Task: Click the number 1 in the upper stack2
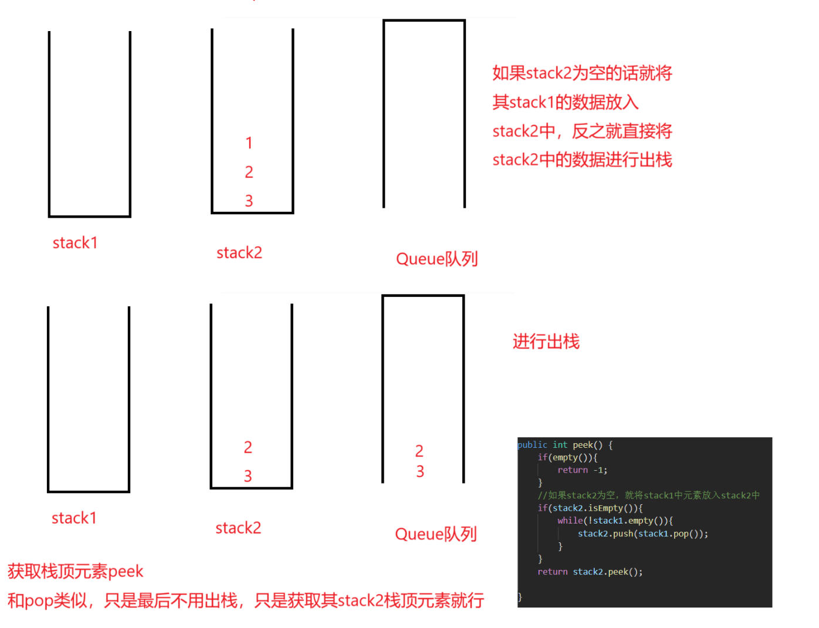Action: [249, 143]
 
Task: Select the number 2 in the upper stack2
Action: [249, 172]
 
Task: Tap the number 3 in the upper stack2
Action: [249, 201]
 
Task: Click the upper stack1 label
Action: [75, 243]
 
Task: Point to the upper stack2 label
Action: [239, 253]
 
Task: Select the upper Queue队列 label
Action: [437, 259]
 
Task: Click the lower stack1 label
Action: [74, 518]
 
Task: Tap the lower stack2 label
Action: [238, 528]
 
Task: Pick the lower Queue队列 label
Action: [436, 534]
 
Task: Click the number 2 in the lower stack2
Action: [248, 447]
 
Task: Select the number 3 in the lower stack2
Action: [248, 476]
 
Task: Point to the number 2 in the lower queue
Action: [419, 451]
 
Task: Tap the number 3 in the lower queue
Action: [420, 471]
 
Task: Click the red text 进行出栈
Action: [546, 342]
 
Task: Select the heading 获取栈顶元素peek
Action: [75, 571]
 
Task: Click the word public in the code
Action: [532, 445]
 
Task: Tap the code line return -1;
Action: [582, 470]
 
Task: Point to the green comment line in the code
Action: [648, 495]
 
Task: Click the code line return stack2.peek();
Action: [590, 572]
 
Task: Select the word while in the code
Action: [570, 521]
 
